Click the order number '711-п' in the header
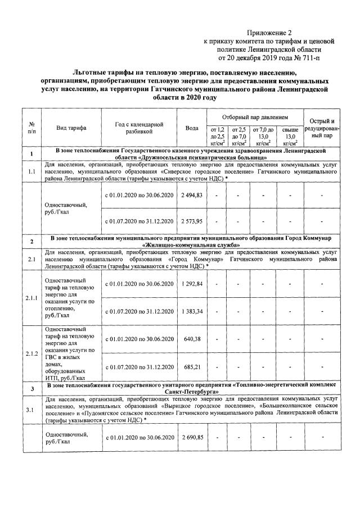(299, 57)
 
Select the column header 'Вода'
(192, 128)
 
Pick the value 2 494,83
(192, 194)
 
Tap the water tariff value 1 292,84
(192, 284)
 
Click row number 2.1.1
(31, 298)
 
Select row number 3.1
(31, 409)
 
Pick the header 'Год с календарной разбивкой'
(139, 128)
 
